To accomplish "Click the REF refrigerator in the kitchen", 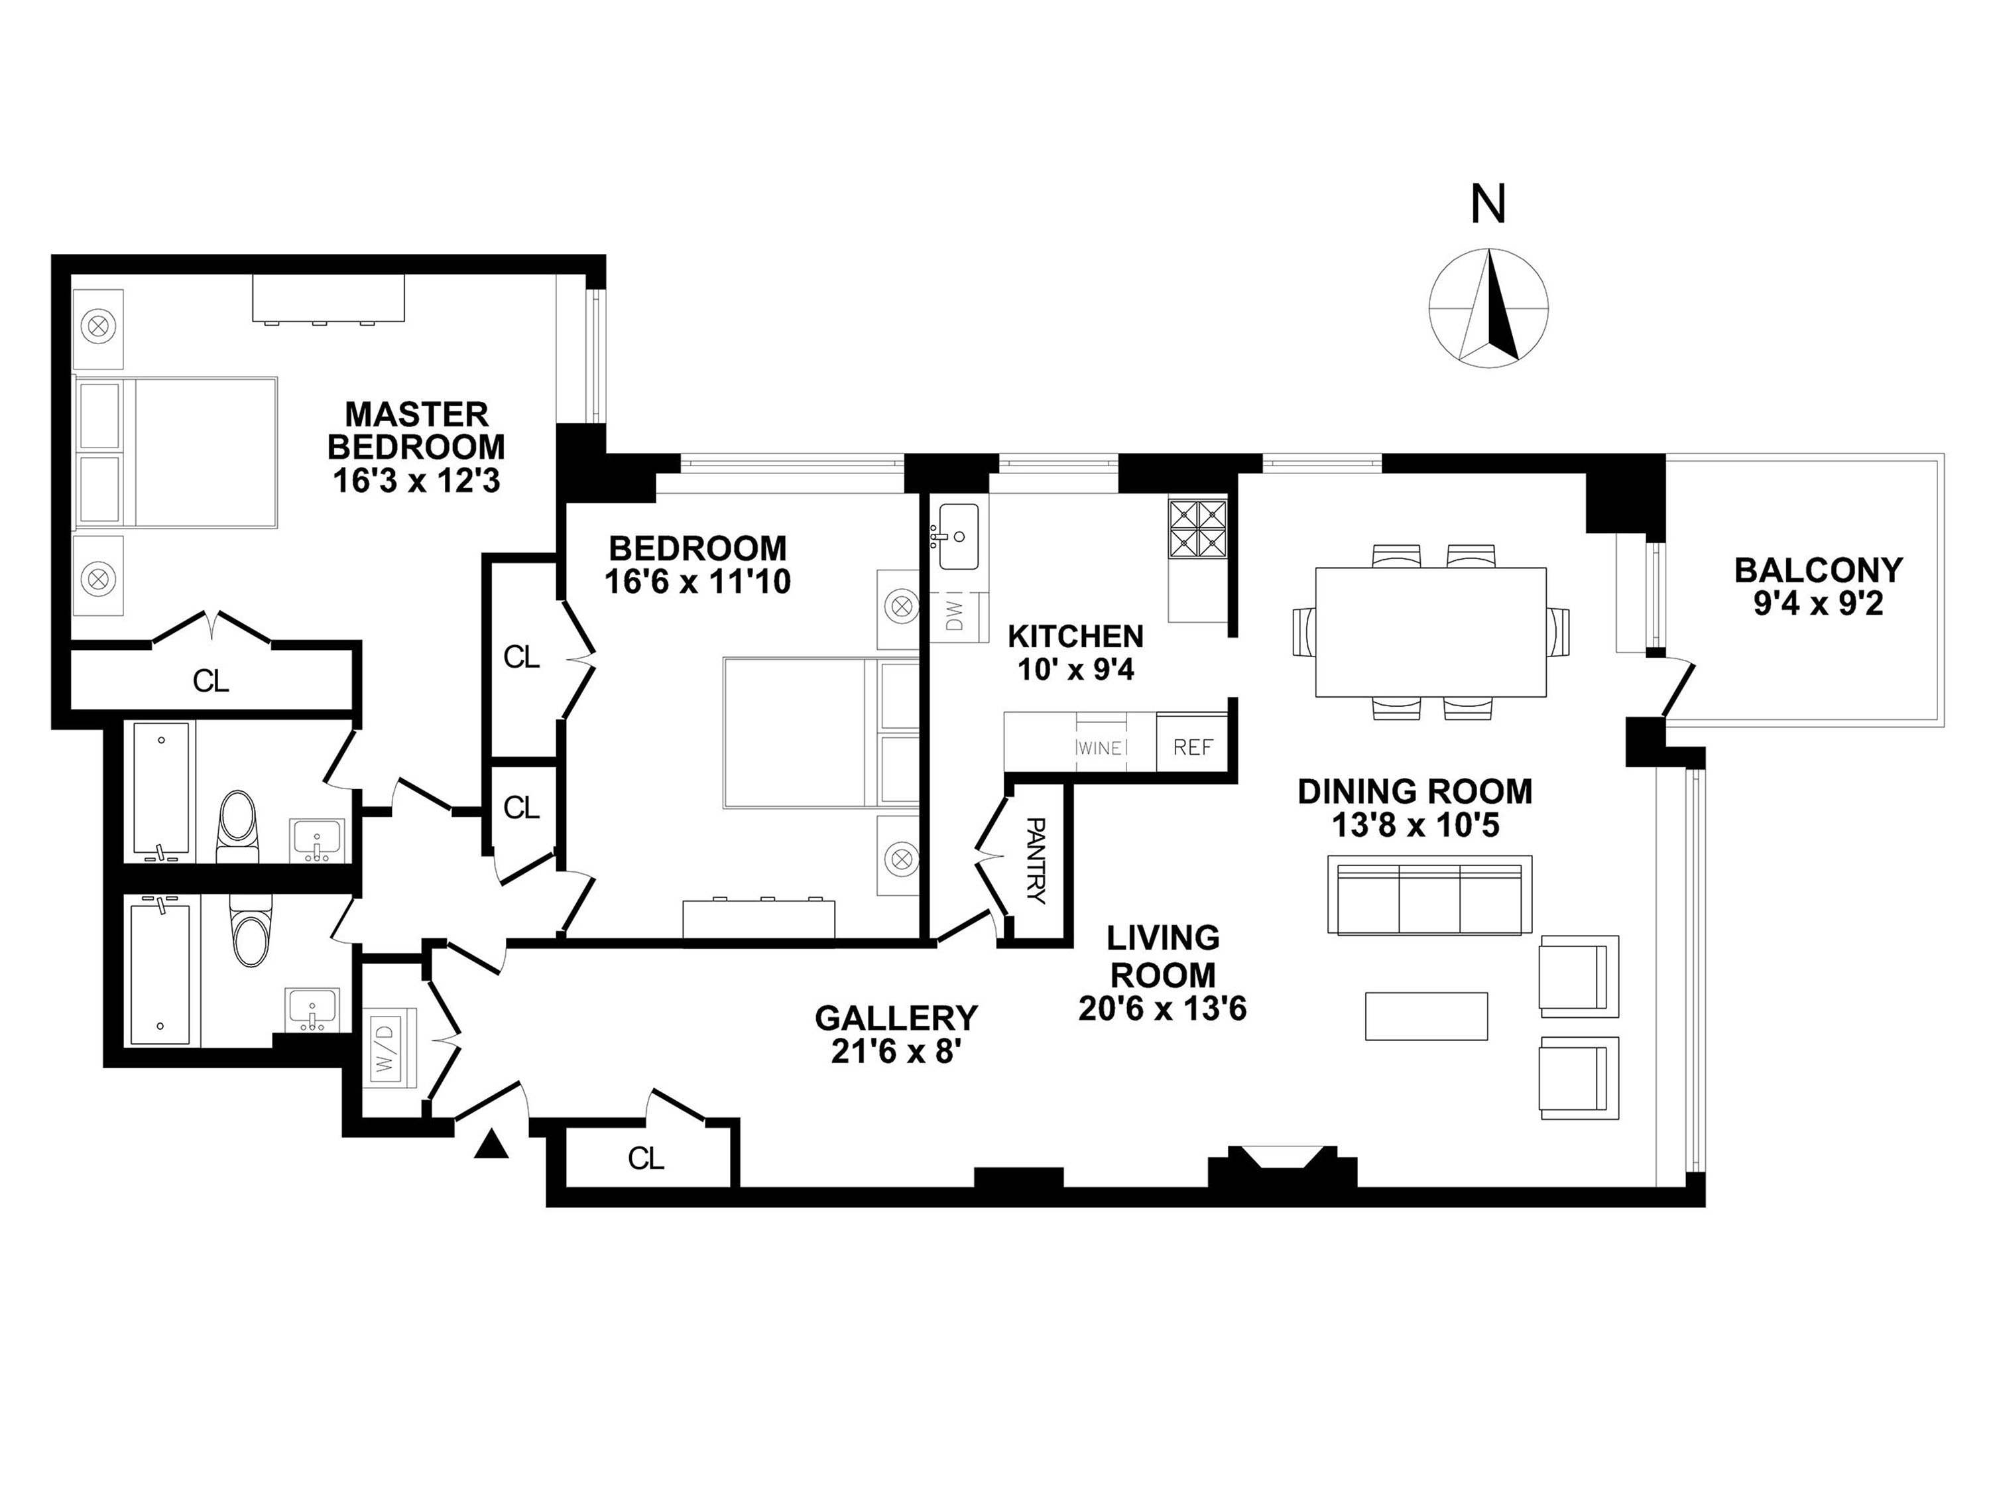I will [1192, 747].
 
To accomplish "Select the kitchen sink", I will [959, 537].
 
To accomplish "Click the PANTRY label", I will [1037, 861].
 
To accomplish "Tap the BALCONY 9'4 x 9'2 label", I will [1818, 586].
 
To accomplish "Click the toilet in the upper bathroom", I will [237, 825].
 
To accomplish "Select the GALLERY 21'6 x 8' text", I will [896, 1034].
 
